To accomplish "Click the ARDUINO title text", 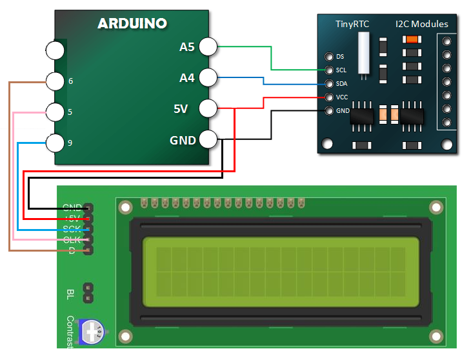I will (x=132, y=24).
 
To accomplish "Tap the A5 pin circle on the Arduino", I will (x=208, y=46).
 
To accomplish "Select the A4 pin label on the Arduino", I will (x=187, y=78).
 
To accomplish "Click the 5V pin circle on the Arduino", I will (x=208, y=108).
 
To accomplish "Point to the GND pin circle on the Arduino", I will (x=208, y=139).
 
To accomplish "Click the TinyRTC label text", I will (x=352, y=25).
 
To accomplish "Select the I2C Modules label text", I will (x=421, y=25).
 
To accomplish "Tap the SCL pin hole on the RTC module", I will (x=330, y=70).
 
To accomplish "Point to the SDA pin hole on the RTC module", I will (x=330, y=84).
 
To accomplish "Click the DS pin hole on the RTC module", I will (x=330, y=57).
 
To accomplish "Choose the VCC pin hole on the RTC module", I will (x=330, y=97).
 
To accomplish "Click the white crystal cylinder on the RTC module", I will (x=365, y=51).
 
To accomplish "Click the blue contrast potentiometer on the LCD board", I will (x=92, y=332).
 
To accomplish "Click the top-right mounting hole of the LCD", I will (x=437, y=207).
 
